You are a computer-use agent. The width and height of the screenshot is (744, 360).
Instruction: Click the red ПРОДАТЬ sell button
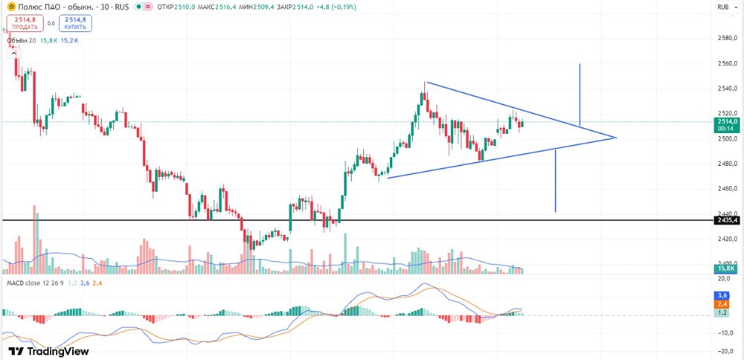tap(25, 23)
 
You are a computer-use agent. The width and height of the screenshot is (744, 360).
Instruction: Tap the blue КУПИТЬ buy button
tap(77, 23)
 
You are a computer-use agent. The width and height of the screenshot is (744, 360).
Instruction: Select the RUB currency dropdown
tap(726, 7)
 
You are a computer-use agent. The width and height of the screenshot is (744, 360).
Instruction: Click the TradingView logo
tap(49, 352)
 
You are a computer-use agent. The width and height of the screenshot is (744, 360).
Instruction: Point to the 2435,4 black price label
tap(726, 221)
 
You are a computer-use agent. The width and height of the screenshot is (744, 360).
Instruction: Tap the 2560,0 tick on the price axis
tap(727, 63)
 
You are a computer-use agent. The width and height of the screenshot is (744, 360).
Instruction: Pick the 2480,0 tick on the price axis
tap(727, 164)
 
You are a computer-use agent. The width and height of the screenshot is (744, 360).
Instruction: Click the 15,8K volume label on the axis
tap(726, 269)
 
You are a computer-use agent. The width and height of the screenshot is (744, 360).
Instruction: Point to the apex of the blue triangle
tap(616, 138)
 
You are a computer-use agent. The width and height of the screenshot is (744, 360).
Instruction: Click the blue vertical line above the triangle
tap(580, 94)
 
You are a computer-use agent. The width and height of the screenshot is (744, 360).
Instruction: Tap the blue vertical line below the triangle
tap(555, 181)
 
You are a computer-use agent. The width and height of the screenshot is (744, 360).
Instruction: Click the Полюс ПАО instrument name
tap(33, 7)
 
